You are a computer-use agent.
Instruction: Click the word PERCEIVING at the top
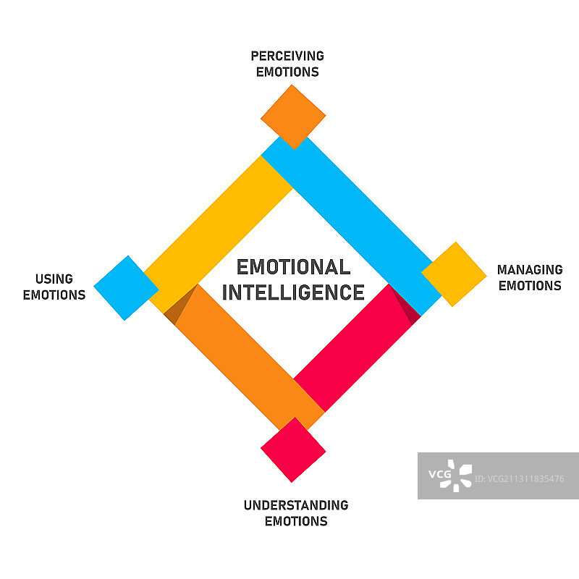point(287,56)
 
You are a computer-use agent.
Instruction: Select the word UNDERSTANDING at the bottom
point(296,505)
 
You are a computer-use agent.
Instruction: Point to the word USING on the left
point(54,279)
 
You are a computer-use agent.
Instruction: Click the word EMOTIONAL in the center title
point(293,267)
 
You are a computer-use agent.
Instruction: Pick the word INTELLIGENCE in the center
point(293,292)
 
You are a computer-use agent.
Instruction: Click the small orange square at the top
point(293,117)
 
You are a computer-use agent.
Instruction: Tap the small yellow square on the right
point(454,274)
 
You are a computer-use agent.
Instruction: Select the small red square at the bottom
point(293,450)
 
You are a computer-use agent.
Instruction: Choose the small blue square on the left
point(126,288)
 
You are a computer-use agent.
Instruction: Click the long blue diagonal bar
point(355,217)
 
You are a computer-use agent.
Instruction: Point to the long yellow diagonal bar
point(217,224)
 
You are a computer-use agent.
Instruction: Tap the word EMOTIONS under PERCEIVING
point(287,72)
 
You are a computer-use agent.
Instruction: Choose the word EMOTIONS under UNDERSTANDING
point(296,521)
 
